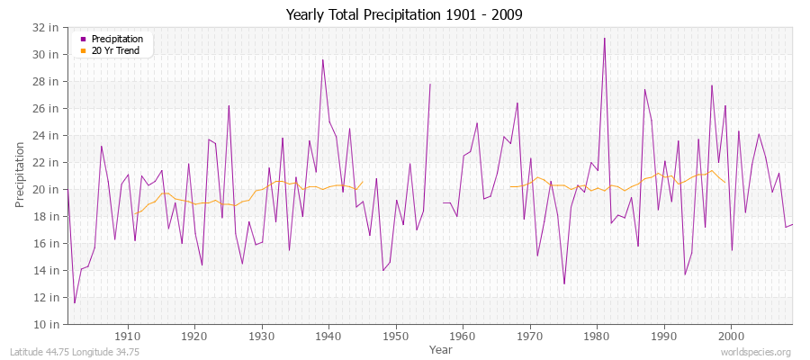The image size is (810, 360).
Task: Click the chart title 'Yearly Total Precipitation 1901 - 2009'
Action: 404,14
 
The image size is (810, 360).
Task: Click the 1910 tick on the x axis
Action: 128,336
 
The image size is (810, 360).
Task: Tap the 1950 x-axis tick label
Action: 396,336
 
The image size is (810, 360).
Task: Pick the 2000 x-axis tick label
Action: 731,336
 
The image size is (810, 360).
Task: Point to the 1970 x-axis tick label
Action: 530,336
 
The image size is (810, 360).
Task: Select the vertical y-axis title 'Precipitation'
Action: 20,175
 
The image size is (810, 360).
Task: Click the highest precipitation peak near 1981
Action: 604,38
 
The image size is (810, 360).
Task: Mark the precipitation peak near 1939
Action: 323,59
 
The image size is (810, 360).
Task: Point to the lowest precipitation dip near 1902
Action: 75,302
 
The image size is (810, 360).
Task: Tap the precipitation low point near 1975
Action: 564,283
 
